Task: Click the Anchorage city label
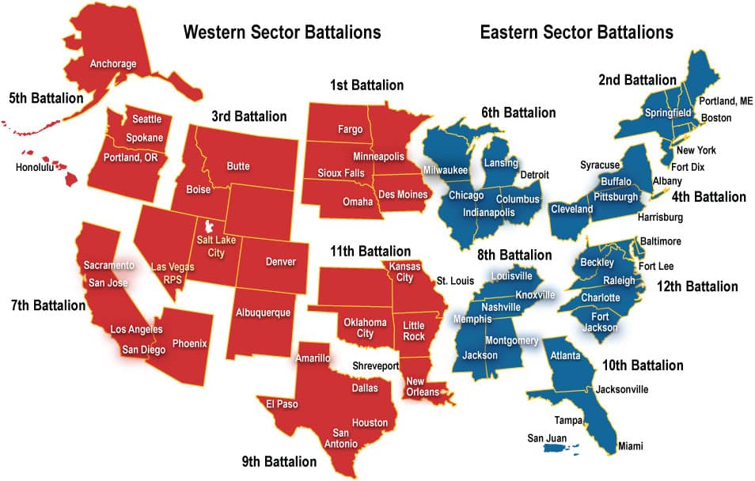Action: [x=113, y=63]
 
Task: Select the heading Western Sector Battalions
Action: [x=282, y=32]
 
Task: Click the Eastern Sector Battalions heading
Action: [x=576, y=32]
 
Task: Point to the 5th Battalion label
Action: [x=46, y=99]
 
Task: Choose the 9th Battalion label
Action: [x=279, y=461]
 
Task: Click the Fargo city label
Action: [x=350, y=128]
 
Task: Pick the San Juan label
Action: [x=546, y=437]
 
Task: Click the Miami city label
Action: [x=631, y=446]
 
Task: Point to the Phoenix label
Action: [x=191, y=343]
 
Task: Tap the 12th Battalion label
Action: [x=697, y=286]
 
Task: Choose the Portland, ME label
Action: [x=726, y=101]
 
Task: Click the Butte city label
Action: [x=238, y=166]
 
